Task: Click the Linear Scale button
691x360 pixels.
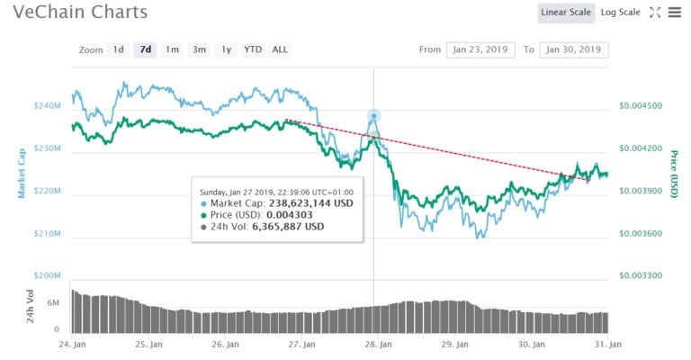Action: point(566,13)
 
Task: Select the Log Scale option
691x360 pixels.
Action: point(620,13)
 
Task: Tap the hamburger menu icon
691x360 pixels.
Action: point(675,13)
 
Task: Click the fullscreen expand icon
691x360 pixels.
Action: point(655,13)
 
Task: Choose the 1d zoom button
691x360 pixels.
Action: point(119,49)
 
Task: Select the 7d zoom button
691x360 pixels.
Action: point(145,49)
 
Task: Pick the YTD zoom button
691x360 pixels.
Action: point(253,49)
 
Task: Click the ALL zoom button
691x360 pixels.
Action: point(280,49)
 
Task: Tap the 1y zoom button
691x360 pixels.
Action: point(227,49)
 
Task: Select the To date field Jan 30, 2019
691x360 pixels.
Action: point(574,49)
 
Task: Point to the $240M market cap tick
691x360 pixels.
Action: point(47,106)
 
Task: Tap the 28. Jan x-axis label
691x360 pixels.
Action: point(379,344)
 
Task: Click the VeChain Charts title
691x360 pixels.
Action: point(81,13)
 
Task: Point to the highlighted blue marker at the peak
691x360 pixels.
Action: point(373,116)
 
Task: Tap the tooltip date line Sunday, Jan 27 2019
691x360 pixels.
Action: point(276,191)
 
